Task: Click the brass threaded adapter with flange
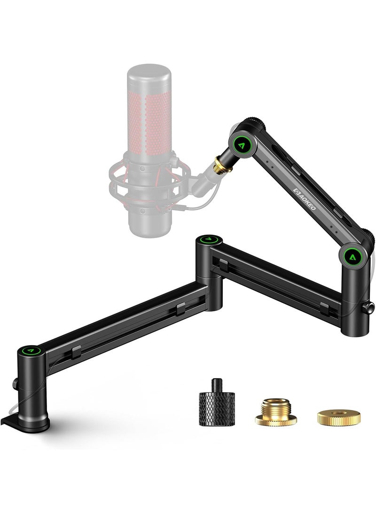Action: point(275,412)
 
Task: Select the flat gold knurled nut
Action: point(338,416)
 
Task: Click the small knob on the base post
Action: point(15,384)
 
